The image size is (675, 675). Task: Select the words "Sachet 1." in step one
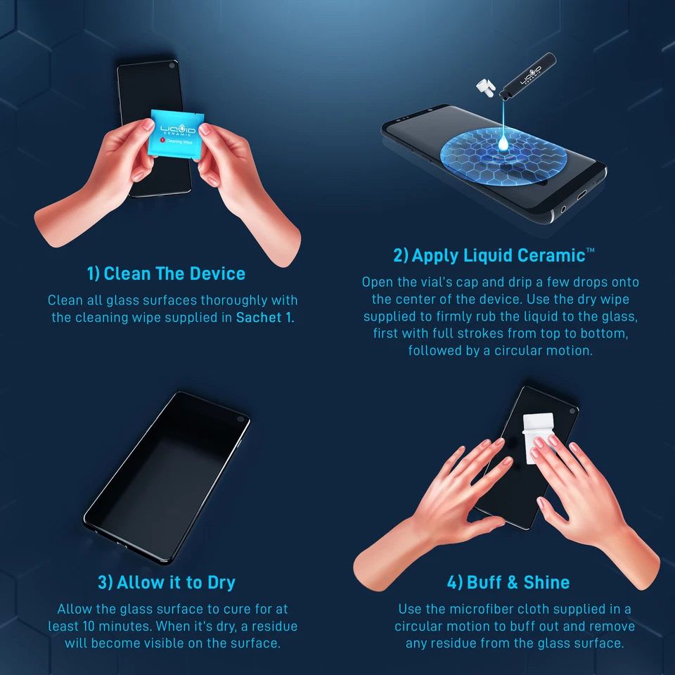coord(266,317)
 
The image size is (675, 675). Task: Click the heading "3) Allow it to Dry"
coord(167,582)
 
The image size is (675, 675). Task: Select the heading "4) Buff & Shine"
coord(508,582)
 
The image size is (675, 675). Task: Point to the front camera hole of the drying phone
coord(240,420)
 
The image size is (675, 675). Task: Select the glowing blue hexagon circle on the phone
coord(494,155)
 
